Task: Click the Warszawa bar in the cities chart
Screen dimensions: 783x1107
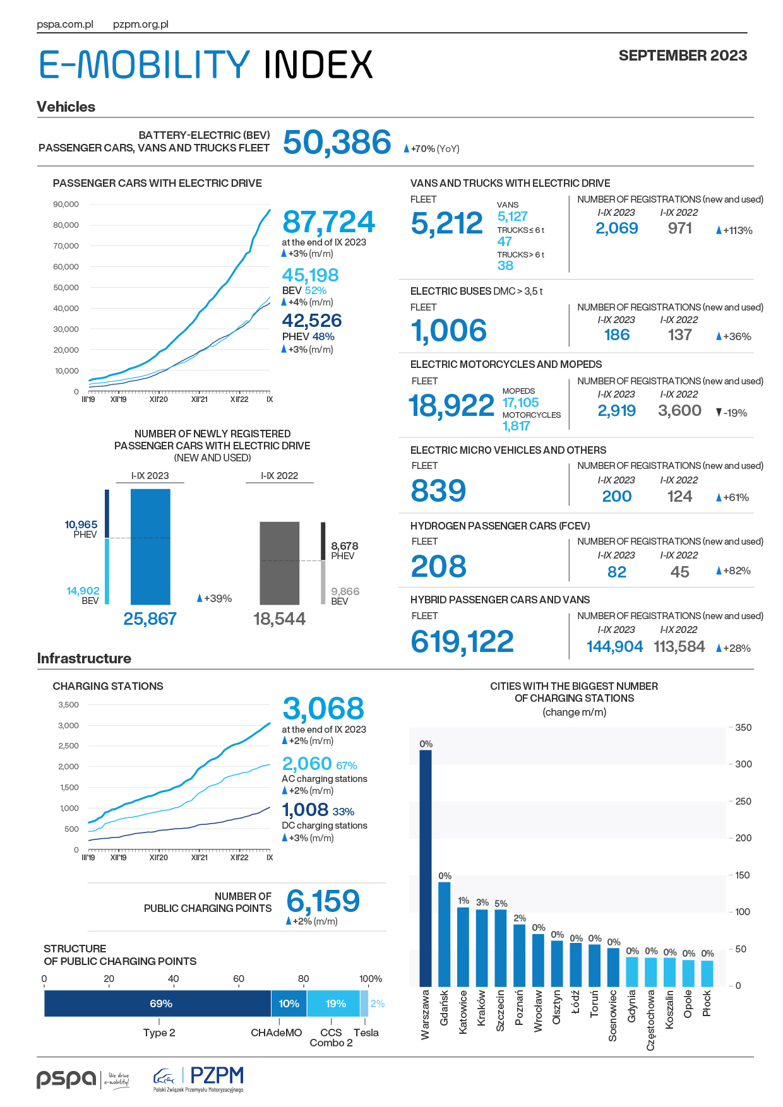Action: [426, 868]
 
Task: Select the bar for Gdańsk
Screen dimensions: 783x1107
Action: [445, 934]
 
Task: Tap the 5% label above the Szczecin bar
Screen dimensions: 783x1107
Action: [501, 903]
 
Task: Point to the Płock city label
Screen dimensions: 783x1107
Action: [707, 1003]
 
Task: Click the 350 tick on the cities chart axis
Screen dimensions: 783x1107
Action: [743, 728]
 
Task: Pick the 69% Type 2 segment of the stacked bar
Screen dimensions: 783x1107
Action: [158, 1003]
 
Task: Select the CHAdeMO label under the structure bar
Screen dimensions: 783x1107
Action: [277, 1033]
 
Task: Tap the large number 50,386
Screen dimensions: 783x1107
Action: [337, 142]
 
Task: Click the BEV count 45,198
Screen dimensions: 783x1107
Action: [310, 275]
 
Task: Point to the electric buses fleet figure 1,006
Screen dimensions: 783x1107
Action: [448, 331]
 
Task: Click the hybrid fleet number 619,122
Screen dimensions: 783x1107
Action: [462, 642]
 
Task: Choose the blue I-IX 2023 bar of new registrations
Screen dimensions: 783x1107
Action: [150, 547]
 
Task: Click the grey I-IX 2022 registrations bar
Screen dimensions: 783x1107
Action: [280, 563]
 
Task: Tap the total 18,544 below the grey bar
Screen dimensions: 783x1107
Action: [279, 619]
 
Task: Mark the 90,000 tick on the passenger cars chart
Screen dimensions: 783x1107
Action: [66, 204]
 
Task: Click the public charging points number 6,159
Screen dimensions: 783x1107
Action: [323, 901]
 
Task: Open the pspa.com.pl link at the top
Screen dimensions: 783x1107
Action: [65, 25]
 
